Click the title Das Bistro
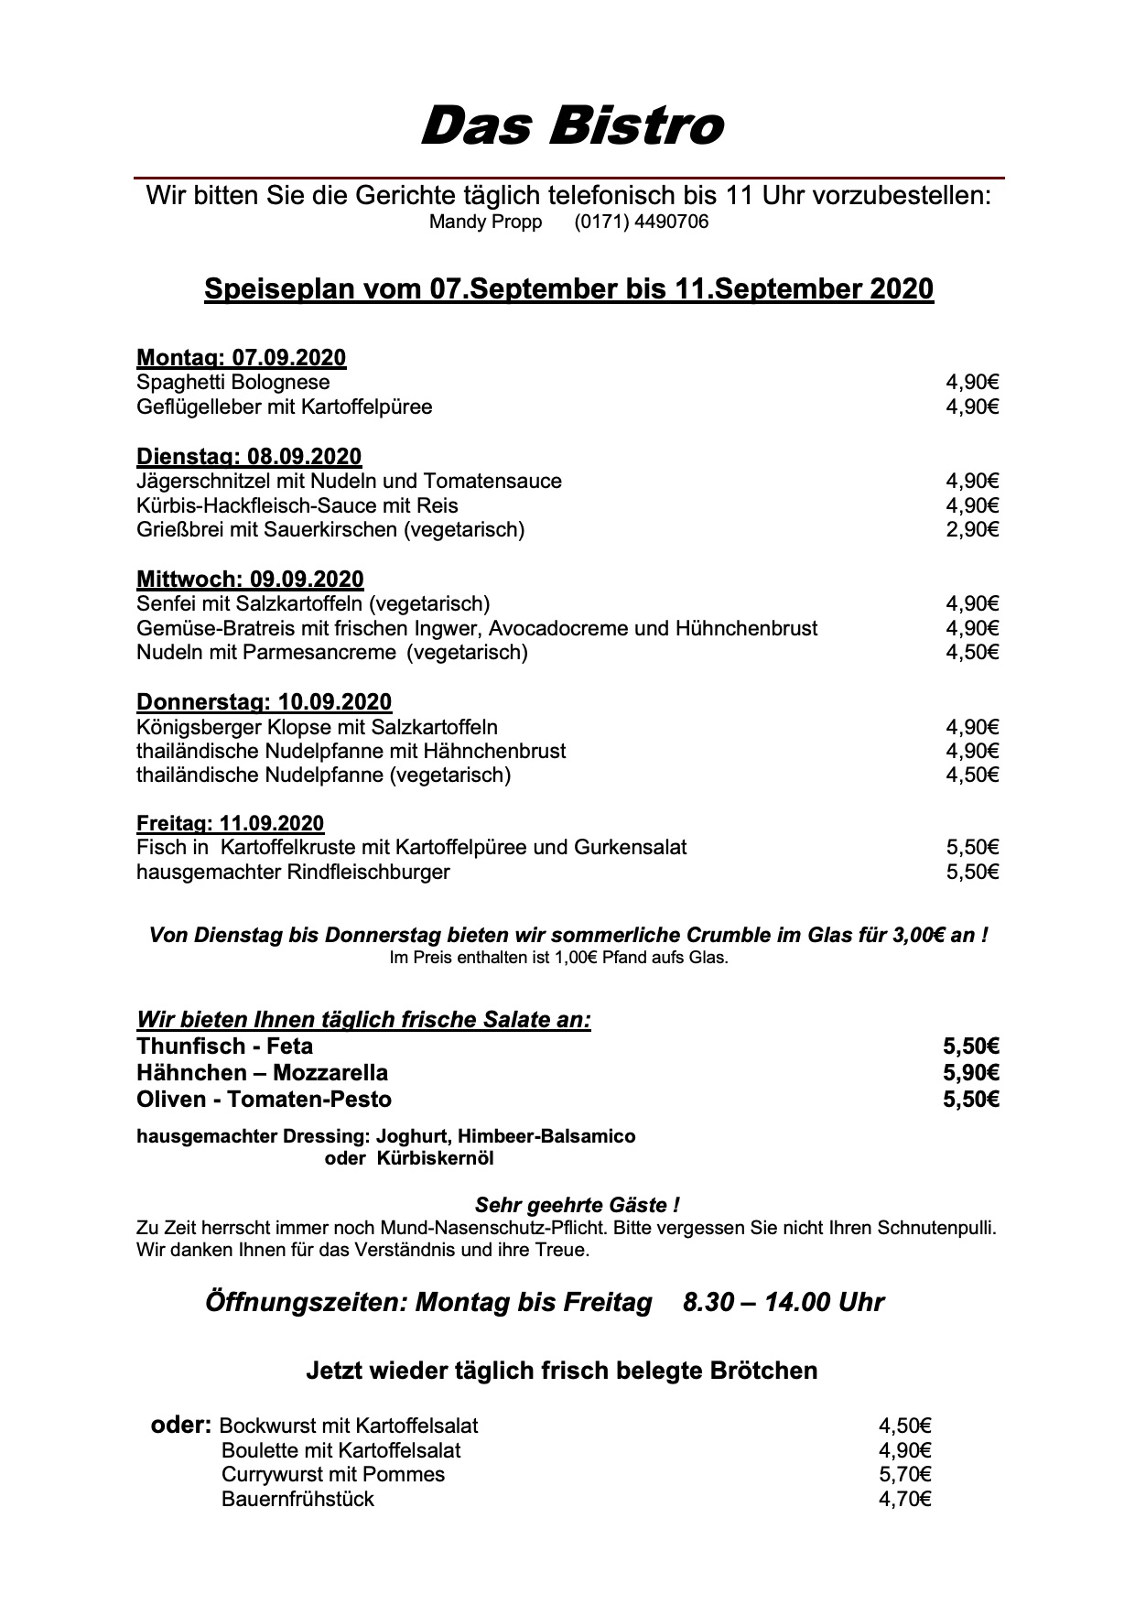(x=571, y=125)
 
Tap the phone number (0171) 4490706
(x=641, y=222)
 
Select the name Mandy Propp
(x=485, y=222)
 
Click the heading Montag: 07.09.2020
(x=241, y=358)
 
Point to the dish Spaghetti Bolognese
(x=232, y=383)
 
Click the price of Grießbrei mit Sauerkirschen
(x=972, y=529)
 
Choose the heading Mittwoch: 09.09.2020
(x=250, y=580)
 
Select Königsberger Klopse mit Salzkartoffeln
(x=317, y=727)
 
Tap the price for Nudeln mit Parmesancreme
(x=972, y=652)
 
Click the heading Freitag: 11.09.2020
(x=230, y=823)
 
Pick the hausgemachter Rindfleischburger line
(x=293, y=872)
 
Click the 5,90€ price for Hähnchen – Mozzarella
(x=970, y=1072)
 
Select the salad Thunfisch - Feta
(x=224, y=1047)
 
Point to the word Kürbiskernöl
(x=435, y=1158)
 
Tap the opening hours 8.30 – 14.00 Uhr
(x=783, y=1302)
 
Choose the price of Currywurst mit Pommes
(x=904, y=1474)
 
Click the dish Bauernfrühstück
(x=297, y=1499)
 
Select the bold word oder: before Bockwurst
(x=181, y=1425)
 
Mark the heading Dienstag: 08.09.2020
(x=249, y=457)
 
